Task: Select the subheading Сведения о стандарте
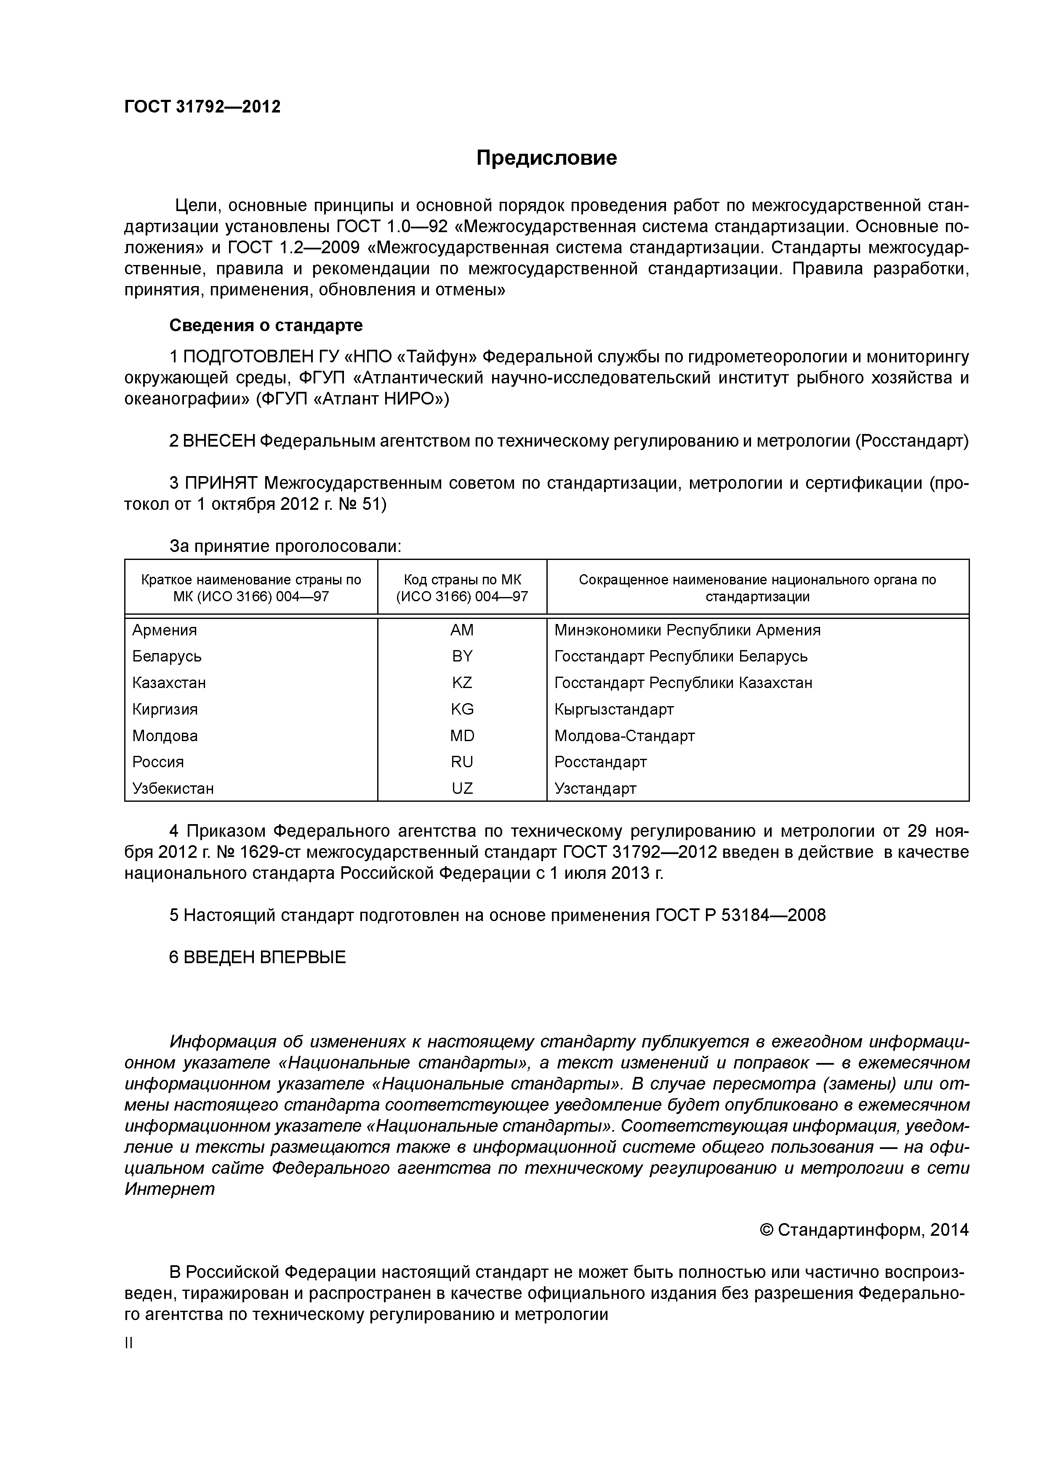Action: [x=266, y=325]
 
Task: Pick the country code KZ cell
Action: [x=462, y=683]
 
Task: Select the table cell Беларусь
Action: [x=167, y=656]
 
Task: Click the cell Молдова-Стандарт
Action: [x=624, y=735]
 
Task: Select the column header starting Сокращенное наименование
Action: [x=757, y=587]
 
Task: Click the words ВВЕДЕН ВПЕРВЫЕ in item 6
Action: [x=264, y=957]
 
